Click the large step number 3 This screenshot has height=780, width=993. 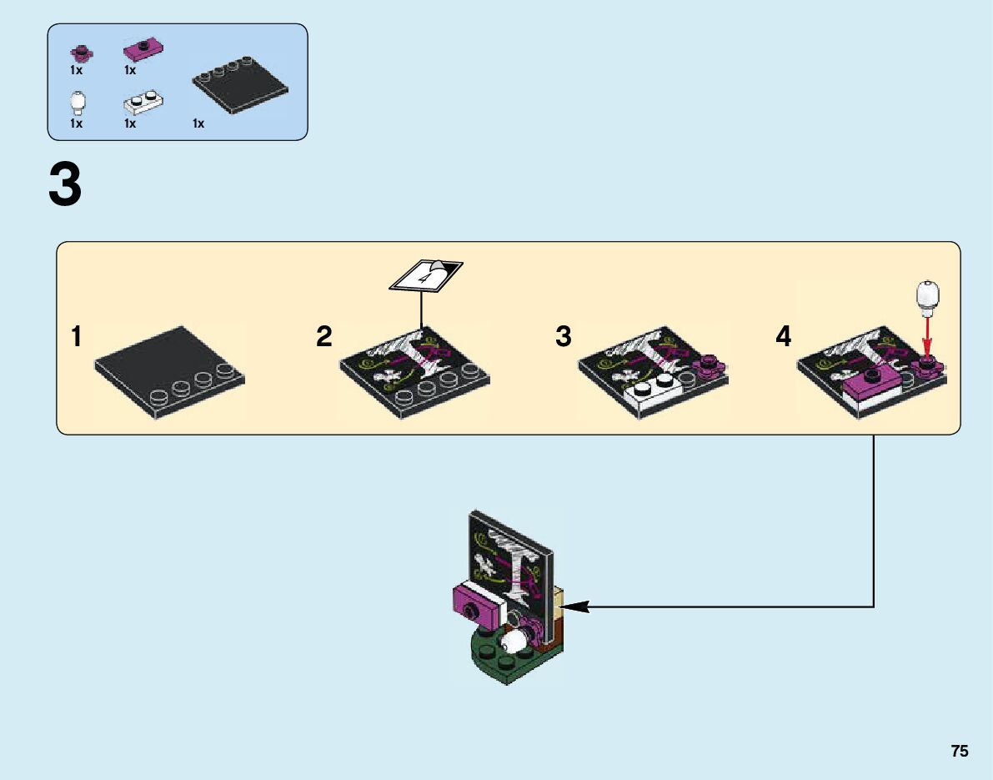click(x=65, y=185)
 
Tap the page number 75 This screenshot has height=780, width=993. click(x=959, y=751)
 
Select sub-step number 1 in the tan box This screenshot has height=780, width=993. click(x=77, y=337)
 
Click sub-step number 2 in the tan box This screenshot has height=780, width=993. click(x=324, y=337)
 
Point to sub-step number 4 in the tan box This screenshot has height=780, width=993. click(x=783, y=337)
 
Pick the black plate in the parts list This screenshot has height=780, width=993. click(x=241, y=84)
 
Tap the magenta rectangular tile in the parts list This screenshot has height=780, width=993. click(x=143, y=50)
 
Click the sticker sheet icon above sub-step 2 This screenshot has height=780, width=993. click(x=426, y=276)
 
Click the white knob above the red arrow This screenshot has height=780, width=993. click(x=927, y=297)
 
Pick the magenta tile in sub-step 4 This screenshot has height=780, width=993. click(x=872, y=385)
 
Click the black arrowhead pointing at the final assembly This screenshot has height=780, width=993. click(x=577, y=607)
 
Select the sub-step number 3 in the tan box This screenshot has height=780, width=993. click(x=564, y=337)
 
